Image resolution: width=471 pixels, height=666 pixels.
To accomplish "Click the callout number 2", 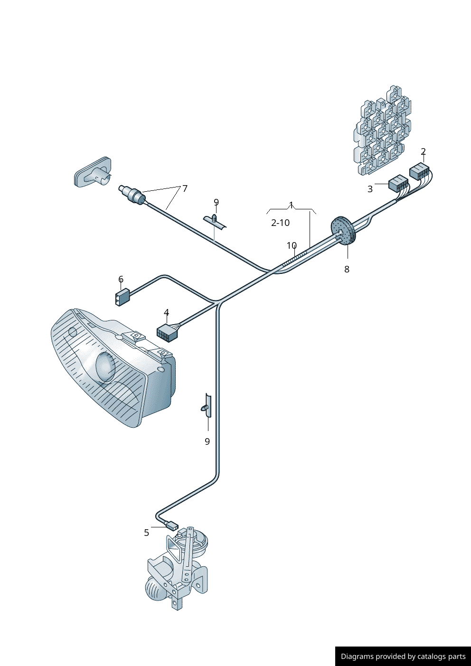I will pos(423,151).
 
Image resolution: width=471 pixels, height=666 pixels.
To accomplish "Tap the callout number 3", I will pos(370,189).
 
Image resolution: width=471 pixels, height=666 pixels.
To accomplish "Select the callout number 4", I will pos(166,312).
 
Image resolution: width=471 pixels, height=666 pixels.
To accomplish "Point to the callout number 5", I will pos(146,533).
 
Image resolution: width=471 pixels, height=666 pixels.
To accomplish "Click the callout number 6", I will pos(121,279).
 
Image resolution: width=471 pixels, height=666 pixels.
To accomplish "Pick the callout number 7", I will pos(185,188).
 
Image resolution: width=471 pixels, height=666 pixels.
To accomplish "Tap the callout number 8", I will pos(347,269).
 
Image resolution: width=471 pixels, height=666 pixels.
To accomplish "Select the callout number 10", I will pos(292,245).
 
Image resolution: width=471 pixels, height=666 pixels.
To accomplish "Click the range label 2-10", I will pos(280,223).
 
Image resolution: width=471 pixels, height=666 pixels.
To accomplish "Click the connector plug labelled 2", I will pos(419,171).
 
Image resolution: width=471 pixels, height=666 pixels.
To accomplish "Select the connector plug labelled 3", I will pos(398,183).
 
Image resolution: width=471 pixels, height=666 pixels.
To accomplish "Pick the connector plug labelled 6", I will pos(122,297).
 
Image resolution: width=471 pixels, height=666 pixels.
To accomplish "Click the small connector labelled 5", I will pos(171,526).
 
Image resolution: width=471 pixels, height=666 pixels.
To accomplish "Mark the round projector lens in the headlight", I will pos(105,367).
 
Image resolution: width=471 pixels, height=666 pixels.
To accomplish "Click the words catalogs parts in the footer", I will pos(441,657).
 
